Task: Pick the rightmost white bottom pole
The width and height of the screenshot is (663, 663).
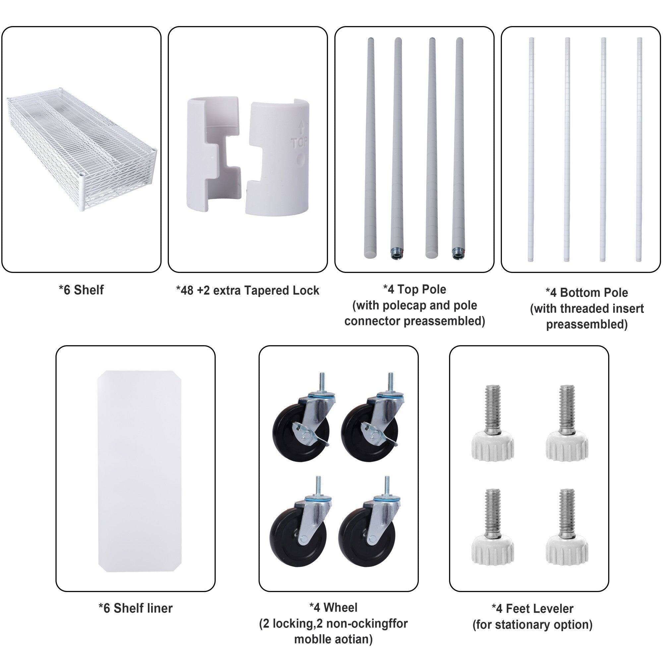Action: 639,149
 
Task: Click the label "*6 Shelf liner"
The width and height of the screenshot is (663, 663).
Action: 135,608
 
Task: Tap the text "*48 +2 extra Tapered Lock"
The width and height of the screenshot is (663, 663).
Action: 247,291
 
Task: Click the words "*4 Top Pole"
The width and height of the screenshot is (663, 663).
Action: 415,289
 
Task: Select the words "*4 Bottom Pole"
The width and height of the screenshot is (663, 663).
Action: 586,293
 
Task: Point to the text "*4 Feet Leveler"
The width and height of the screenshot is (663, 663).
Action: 532,608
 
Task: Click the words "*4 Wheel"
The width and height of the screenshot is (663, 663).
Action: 333,607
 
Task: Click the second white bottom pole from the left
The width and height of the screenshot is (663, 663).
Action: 567,149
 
